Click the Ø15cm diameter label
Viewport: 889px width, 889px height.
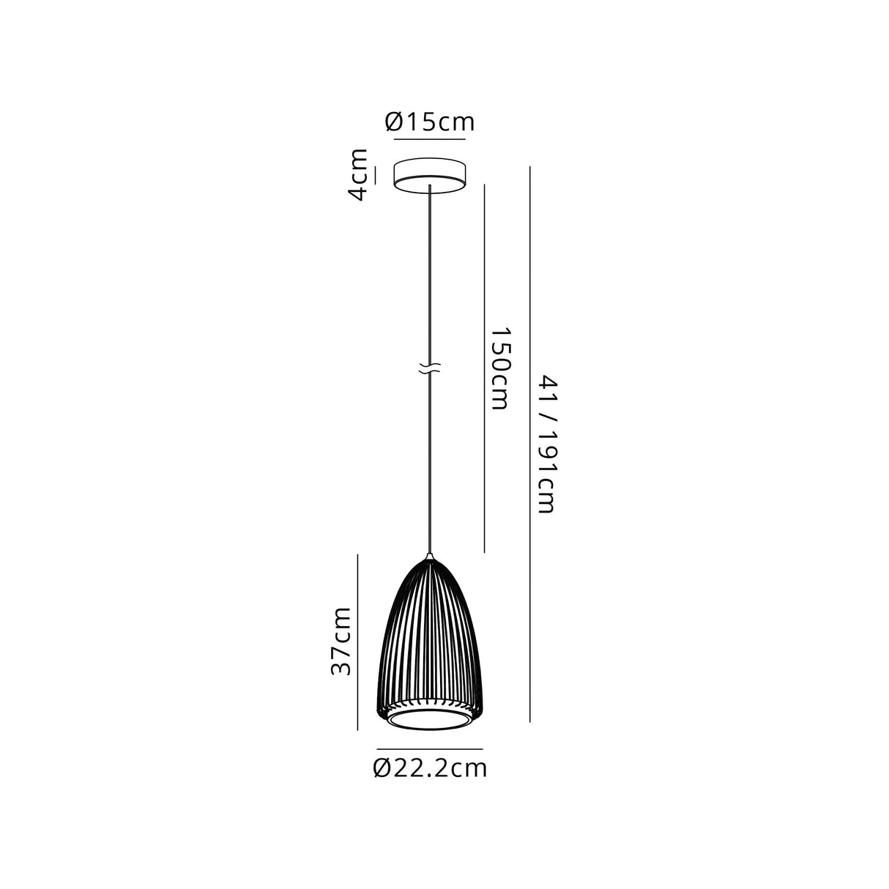click(430, 122)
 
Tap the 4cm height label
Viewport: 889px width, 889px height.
click(357, 174)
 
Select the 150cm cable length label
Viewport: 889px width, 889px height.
click(499, 368)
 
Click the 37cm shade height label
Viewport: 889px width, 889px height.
click(341, 641)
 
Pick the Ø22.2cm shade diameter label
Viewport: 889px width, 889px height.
click(430, 768)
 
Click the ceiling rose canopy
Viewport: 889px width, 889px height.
click(430, 173)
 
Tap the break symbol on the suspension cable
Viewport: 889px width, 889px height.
click(429, 370)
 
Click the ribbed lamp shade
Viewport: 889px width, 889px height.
click(430, 637)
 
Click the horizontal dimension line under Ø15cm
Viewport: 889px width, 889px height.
click(430, 139)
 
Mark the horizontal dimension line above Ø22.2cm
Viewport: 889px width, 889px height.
click(430, 749)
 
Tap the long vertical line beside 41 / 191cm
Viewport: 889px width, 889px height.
click(529, 444)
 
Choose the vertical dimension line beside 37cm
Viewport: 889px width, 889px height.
click(357, 641)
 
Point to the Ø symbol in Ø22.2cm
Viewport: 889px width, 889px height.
click(382, 768)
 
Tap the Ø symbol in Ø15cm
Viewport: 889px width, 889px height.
click(395, 122)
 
